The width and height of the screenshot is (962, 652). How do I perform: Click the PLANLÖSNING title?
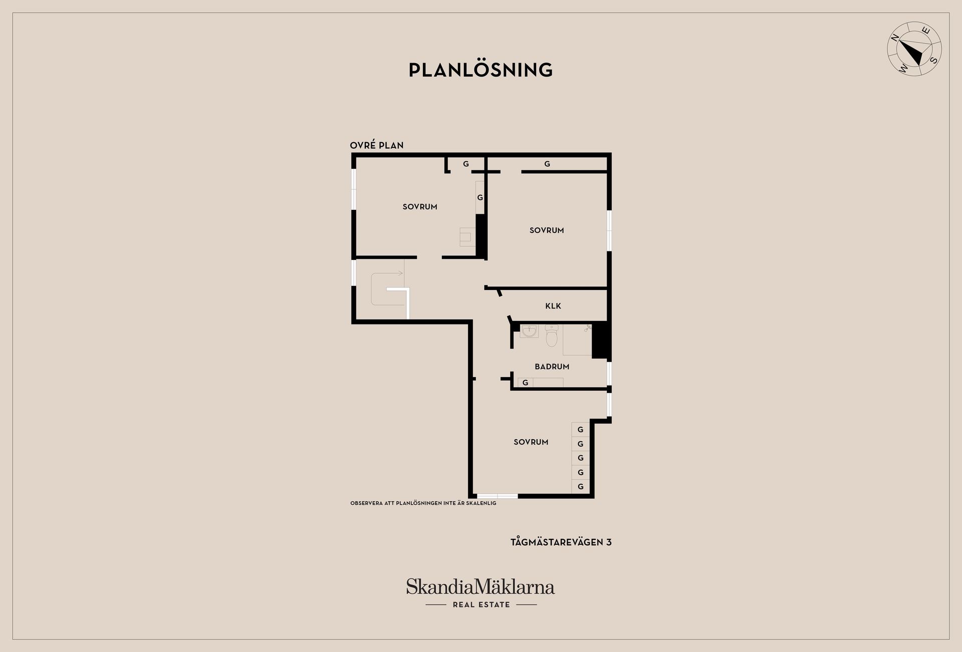(480, 70)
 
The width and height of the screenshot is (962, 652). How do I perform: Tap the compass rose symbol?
(914, 49)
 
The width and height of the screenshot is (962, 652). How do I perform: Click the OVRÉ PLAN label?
(377, 145)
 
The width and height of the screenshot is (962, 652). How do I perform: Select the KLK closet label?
(553, 306)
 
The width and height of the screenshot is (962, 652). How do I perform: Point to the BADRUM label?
(552, 367)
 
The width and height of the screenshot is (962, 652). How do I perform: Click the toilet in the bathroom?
(552, 336)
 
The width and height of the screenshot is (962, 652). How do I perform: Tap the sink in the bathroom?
(529, 331)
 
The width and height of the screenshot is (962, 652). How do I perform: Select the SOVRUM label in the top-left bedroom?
(420, 207)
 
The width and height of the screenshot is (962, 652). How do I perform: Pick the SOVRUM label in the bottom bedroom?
(531, 442)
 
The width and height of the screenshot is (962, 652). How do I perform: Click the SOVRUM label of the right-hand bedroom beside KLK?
(547, 230)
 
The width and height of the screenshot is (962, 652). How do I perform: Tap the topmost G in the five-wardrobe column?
(580, 430)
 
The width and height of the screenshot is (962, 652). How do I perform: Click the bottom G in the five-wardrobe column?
(581, 487)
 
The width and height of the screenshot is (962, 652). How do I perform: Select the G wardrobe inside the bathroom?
(525, 383)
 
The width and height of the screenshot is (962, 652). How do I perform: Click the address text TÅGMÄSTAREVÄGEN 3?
(561, 542)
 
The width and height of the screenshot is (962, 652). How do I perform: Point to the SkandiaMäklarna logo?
(480, 587)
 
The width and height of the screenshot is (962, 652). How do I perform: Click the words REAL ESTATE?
(481, 605)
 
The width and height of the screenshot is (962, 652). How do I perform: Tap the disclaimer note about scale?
(423, 503)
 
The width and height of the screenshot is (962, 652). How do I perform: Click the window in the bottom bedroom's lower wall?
(498, 496)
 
